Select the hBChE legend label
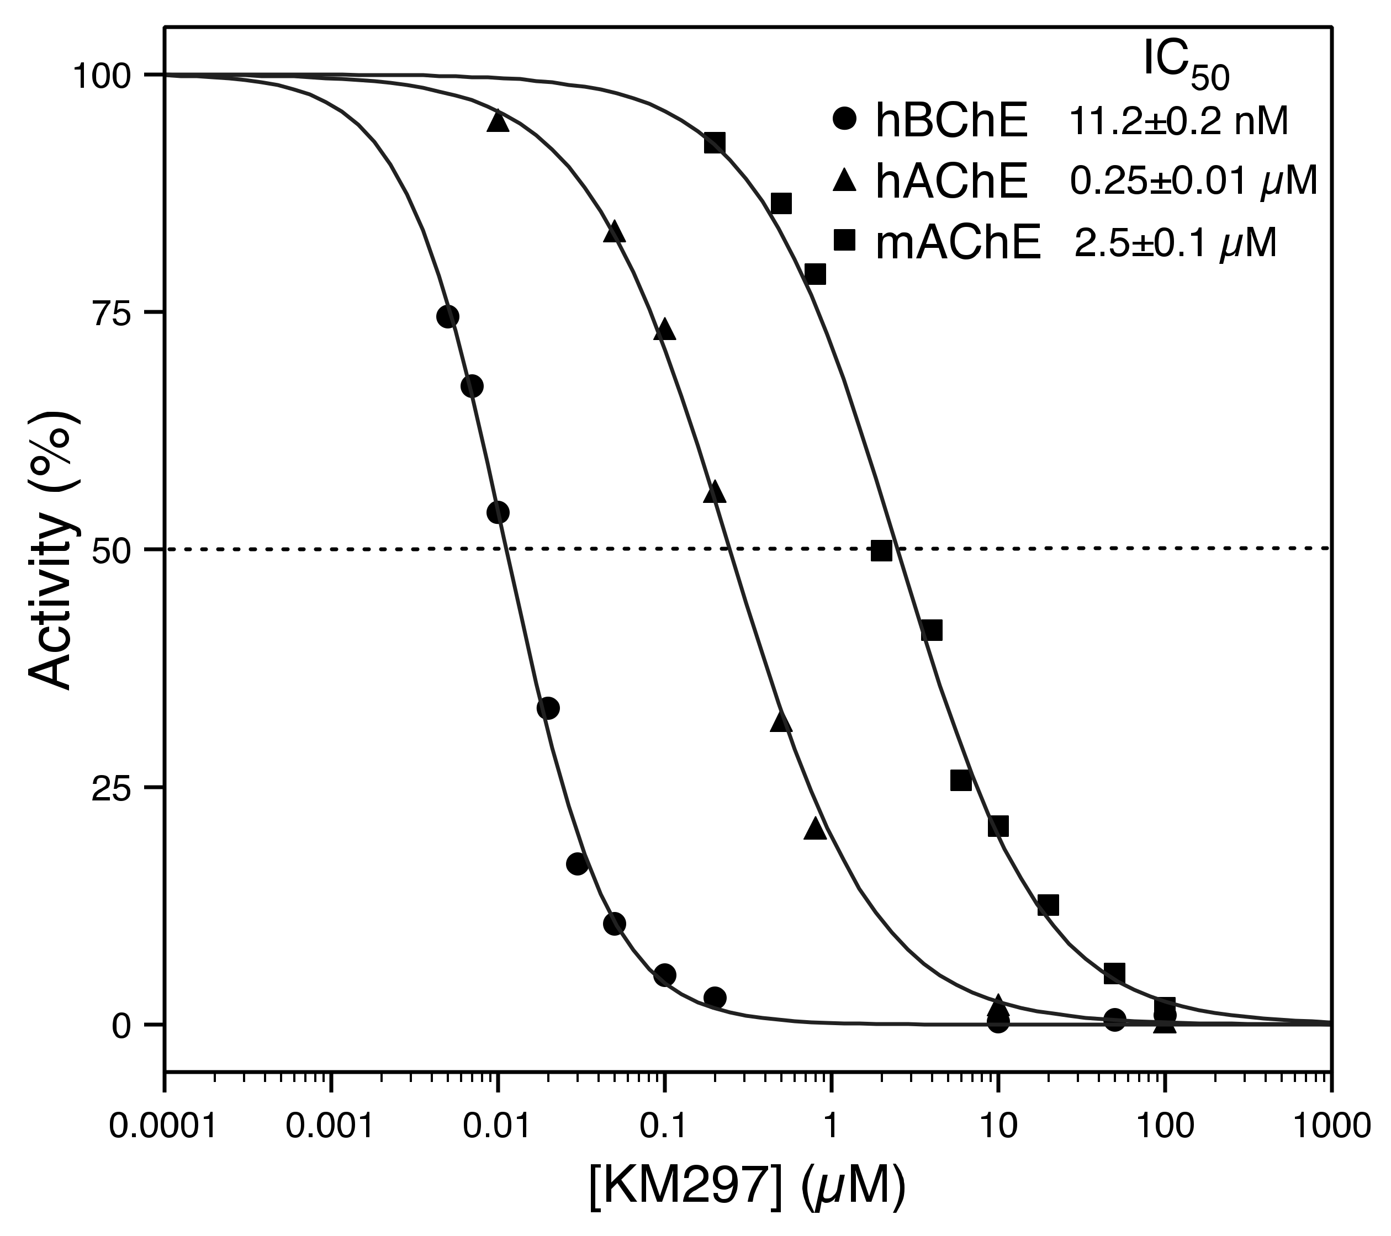(x=951, y=123)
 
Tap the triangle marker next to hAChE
(x=844, y=181)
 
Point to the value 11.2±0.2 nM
(x=1178, y=123)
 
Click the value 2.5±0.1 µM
(x=1175, y=243)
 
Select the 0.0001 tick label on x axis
(x=163, y=1127)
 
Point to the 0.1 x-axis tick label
(x=664, y=1127)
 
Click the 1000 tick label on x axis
(x=1330, y=1127)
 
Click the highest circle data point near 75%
(x=448, y=316)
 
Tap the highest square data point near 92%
(x=715, y=143)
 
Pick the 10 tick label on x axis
(x=998, y=1127)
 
